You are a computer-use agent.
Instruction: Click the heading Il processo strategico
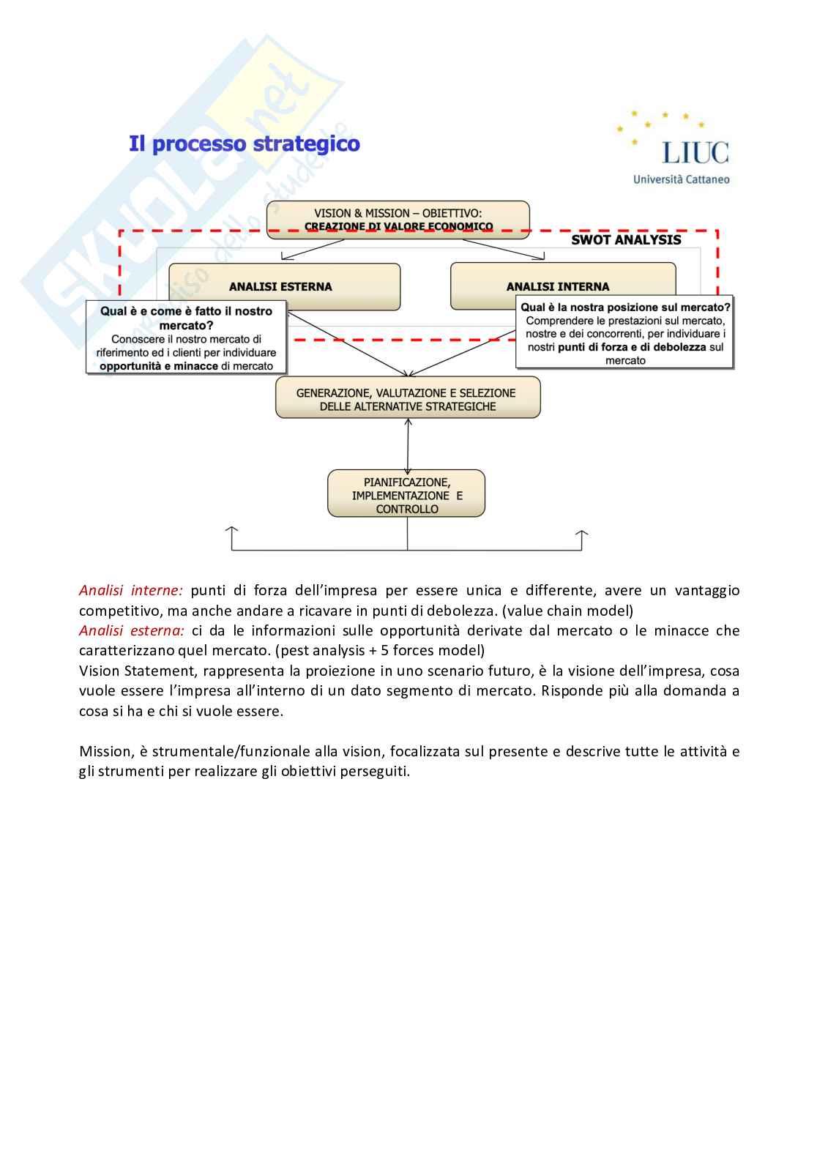245,143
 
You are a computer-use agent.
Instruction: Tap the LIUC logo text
695,152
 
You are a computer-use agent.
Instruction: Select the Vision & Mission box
398,219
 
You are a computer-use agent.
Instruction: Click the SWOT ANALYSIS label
626,239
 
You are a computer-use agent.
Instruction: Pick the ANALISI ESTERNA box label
280,286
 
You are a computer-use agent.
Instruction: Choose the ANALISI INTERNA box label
558,286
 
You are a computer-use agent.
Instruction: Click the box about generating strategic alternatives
407,399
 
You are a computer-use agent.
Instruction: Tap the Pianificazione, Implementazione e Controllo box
406,495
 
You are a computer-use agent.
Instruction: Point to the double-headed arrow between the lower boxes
408,444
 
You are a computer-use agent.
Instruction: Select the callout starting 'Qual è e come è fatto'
186,338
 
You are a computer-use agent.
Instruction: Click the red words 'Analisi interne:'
130,590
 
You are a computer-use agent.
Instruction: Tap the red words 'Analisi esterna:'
131,630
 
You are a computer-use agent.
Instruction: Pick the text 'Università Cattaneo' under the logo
681,179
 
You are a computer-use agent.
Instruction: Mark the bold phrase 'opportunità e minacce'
159,366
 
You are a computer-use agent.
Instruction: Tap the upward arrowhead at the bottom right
582,534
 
